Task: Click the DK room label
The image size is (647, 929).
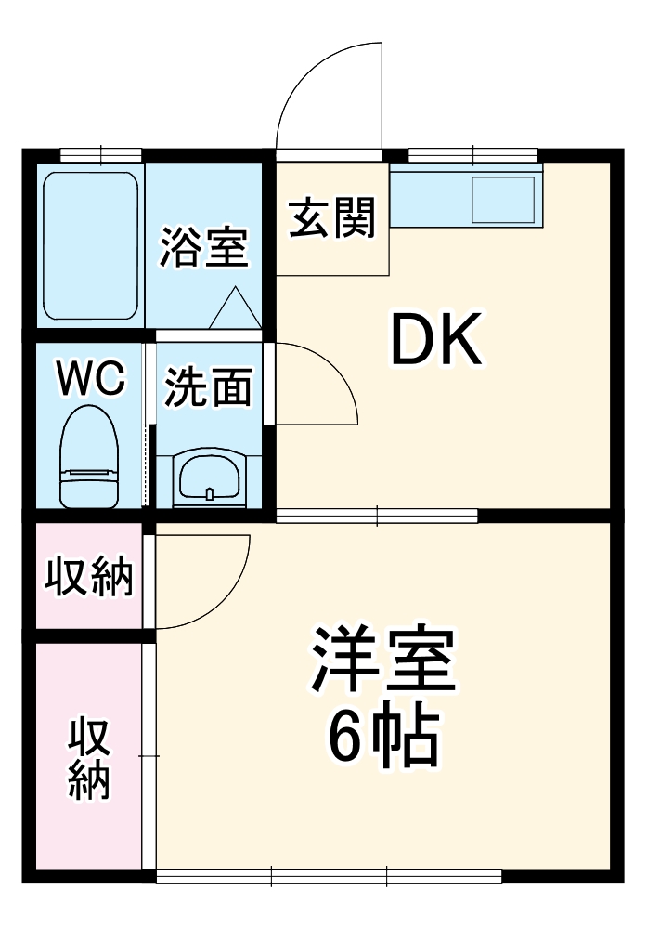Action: coord(436,341)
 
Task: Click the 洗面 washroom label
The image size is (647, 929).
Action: coord(209,387)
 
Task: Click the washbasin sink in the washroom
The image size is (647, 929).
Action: coord(210,478)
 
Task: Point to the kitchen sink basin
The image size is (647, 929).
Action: coord(504,199)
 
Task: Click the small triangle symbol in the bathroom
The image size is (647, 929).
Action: coord(233,310)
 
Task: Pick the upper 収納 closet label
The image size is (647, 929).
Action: coord(90,578)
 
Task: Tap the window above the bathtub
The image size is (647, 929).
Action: coord(100,154)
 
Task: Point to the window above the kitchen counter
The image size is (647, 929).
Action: coord(472,154)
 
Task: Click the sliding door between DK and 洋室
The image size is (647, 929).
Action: coord(377,516)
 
